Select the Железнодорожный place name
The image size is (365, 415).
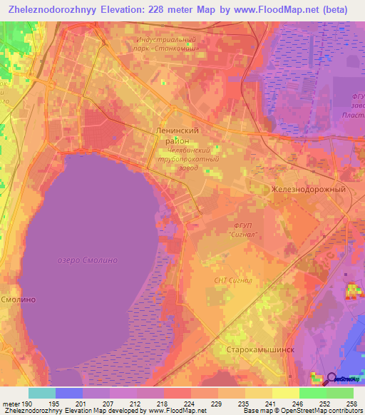308,190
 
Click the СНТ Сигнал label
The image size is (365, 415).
233,280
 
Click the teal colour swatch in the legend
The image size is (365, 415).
42,393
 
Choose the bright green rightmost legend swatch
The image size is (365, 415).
340,393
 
